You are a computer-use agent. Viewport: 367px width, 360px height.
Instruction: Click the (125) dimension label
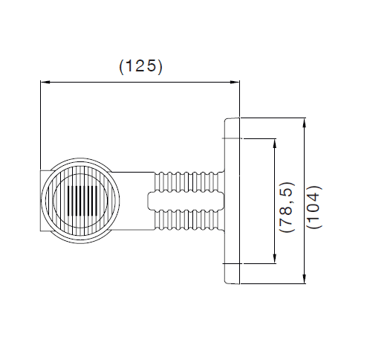pos(140,66)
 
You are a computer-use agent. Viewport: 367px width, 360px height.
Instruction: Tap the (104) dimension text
pos(314,207)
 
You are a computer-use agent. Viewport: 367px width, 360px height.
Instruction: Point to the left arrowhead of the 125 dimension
pos(45,82)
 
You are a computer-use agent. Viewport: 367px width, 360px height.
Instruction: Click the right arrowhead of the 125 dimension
pos(235,82)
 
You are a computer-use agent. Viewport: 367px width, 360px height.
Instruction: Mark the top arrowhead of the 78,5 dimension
pos(274,144)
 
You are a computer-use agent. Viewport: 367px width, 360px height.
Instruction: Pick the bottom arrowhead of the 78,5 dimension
pos(274,259)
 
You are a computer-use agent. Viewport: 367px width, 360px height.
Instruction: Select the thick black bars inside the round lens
pos(82,201)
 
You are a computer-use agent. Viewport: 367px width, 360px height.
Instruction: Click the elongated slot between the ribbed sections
pos(186,201)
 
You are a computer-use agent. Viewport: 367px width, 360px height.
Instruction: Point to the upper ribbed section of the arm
pos(188,181)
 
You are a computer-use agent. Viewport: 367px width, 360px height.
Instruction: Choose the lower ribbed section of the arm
pos(188,219)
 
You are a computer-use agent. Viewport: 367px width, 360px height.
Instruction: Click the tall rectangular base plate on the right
pos(233,201)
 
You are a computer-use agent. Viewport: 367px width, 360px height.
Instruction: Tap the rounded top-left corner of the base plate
pos(226,120)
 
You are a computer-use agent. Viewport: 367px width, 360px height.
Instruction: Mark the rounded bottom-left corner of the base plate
pos(226,282)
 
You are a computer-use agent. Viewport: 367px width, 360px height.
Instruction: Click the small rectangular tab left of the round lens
pos(44,201)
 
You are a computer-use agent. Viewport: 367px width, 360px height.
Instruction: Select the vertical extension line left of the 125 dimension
pos(41,125)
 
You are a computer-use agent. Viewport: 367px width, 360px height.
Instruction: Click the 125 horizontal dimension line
pos(140,82)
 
